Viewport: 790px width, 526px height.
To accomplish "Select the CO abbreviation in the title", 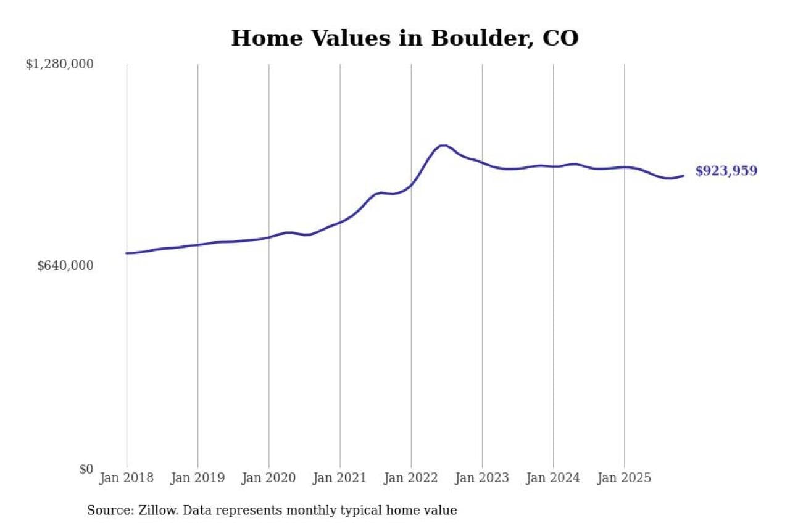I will [x=560, y=38].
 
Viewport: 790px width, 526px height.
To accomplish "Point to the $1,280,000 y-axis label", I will [x=59, y=64].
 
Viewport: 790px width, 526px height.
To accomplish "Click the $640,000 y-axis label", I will [x=65, y=266].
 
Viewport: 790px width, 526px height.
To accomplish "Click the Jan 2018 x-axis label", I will [x=127, y=478].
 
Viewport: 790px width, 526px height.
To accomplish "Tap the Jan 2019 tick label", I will [x=197, y=478].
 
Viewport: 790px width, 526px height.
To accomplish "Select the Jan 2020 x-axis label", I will [x=268, y=478].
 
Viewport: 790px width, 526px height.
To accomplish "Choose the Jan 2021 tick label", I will [x=339, y=478].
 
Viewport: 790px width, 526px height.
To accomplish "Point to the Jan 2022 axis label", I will [x=411, y=478].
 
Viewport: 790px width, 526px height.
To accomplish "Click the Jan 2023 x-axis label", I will [x=482, y=478].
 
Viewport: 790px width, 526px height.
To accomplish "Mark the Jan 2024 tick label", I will [x=553, y=478].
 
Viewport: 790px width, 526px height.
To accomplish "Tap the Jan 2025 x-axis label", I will [x=624, y=478].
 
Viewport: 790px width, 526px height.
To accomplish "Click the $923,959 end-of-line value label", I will [x=726, y=171].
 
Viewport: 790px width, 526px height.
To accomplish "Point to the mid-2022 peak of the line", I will [x=443, y=145].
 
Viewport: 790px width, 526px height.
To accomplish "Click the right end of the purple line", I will [x=683, y=176].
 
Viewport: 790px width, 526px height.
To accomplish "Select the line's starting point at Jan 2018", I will [x=127, y=253].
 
